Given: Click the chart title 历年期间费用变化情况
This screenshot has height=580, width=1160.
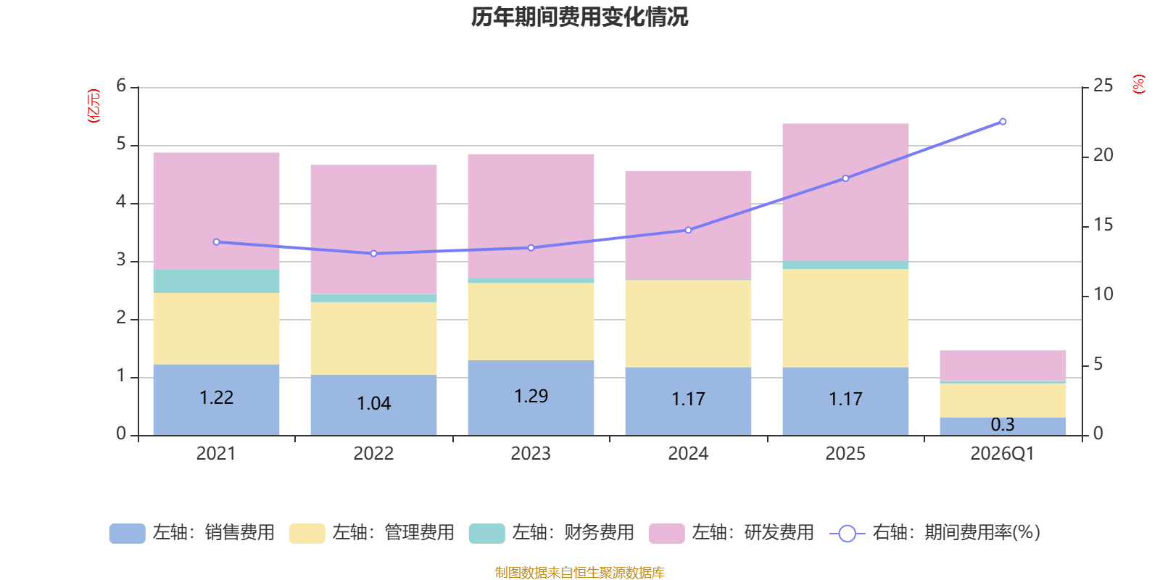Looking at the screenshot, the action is pos(579,17).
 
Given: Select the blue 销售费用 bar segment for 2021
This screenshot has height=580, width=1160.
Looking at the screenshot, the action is pos(217,399).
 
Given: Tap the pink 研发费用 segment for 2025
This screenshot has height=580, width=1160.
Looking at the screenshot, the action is pos(845,192).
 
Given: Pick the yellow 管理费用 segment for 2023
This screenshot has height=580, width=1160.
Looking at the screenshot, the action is pos(531,322).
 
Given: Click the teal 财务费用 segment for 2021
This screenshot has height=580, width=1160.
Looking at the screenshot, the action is pos(217,281).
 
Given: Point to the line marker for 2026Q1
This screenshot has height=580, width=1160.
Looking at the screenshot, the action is pos(1003,122).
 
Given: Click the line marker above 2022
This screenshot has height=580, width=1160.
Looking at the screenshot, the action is pos(374,254).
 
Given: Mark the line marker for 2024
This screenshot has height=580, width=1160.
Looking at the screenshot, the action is pos(688,231).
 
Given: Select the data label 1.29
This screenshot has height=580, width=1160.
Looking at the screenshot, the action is pos(531,396).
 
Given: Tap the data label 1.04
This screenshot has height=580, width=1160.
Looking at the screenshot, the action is pos(374,403).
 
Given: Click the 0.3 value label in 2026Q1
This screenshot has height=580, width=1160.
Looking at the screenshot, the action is pos(1003,425).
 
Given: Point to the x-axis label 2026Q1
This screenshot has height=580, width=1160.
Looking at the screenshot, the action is pos(1002,454).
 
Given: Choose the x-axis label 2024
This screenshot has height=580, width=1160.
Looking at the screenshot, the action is pos(688,454).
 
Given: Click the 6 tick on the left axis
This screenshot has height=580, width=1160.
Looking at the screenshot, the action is pos(121,86).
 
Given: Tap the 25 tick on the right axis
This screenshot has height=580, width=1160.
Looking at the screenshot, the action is pos(1103,86).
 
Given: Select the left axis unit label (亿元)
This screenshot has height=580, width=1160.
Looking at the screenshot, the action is pos(94,106).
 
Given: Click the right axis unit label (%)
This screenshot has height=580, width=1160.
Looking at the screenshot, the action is pos(1139,84).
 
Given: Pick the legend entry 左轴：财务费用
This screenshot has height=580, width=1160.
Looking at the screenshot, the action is pos(552,533).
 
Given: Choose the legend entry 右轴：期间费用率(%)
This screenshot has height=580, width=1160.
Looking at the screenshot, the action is pos(935,533).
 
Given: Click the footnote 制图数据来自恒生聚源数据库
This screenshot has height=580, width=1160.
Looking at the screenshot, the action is pos(579,572).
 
